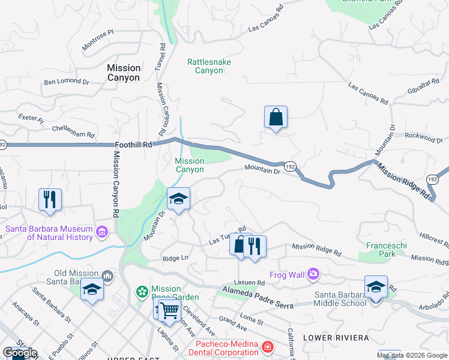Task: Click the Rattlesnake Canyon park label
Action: click(x=209, y=66)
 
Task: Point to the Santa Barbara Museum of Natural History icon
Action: click(x=101, y=231)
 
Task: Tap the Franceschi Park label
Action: click(x=381, y=250)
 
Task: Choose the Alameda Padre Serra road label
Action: click(x=256, y=298)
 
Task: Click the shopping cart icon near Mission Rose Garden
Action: click(x=169, y=310)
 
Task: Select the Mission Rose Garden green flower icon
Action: click(x=142, y=292)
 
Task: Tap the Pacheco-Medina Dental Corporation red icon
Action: click(x=267, y=347)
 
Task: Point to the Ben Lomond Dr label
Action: click(x=66, y=82)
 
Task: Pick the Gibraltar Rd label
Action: click(x=424, y=88)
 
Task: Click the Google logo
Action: click(x=20, y=353)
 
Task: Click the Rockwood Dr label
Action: click(x=423, y=137)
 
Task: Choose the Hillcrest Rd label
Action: click(x=434, y=239)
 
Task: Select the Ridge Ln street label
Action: click(x=175, y=259)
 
